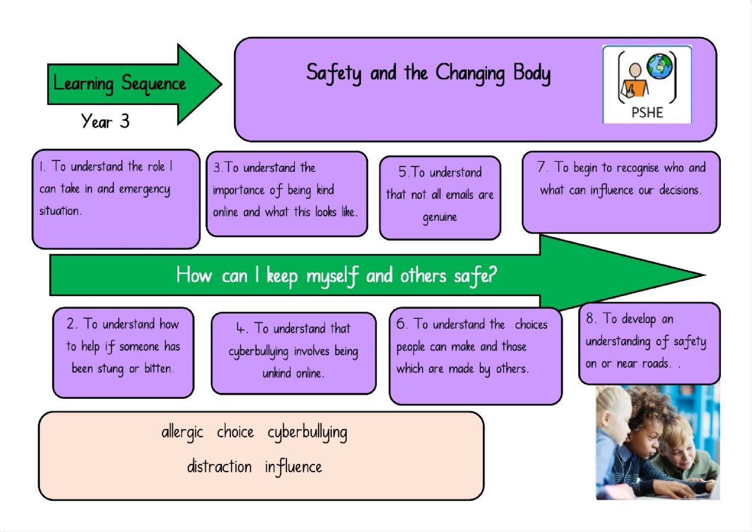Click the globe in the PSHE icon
click(659, 66)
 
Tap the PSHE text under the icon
click(647, 112)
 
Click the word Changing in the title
click(470, 74)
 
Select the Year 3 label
click(105, 121)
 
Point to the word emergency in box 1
click(144, 190)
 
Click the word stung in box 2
click(110, 370)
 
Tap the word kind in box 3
click(325, 189)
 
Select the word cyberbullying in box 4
click(258, 352)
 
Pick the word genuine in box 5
click(440, 218)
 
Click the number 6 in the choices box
click(401, 324)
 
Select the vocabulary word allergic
click(182, 433)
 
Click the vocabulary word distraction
click(219, 466)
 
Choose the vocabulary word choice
click(235, 432)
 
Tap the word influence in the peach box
click(293, 468)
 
